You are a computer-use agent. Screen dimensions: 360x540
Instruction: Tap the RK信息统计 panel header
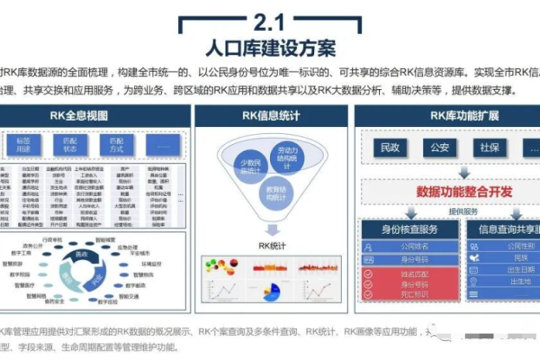point(271,115)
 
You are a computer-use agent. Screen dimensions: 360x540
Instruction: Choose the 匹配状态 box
point(68,146)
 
